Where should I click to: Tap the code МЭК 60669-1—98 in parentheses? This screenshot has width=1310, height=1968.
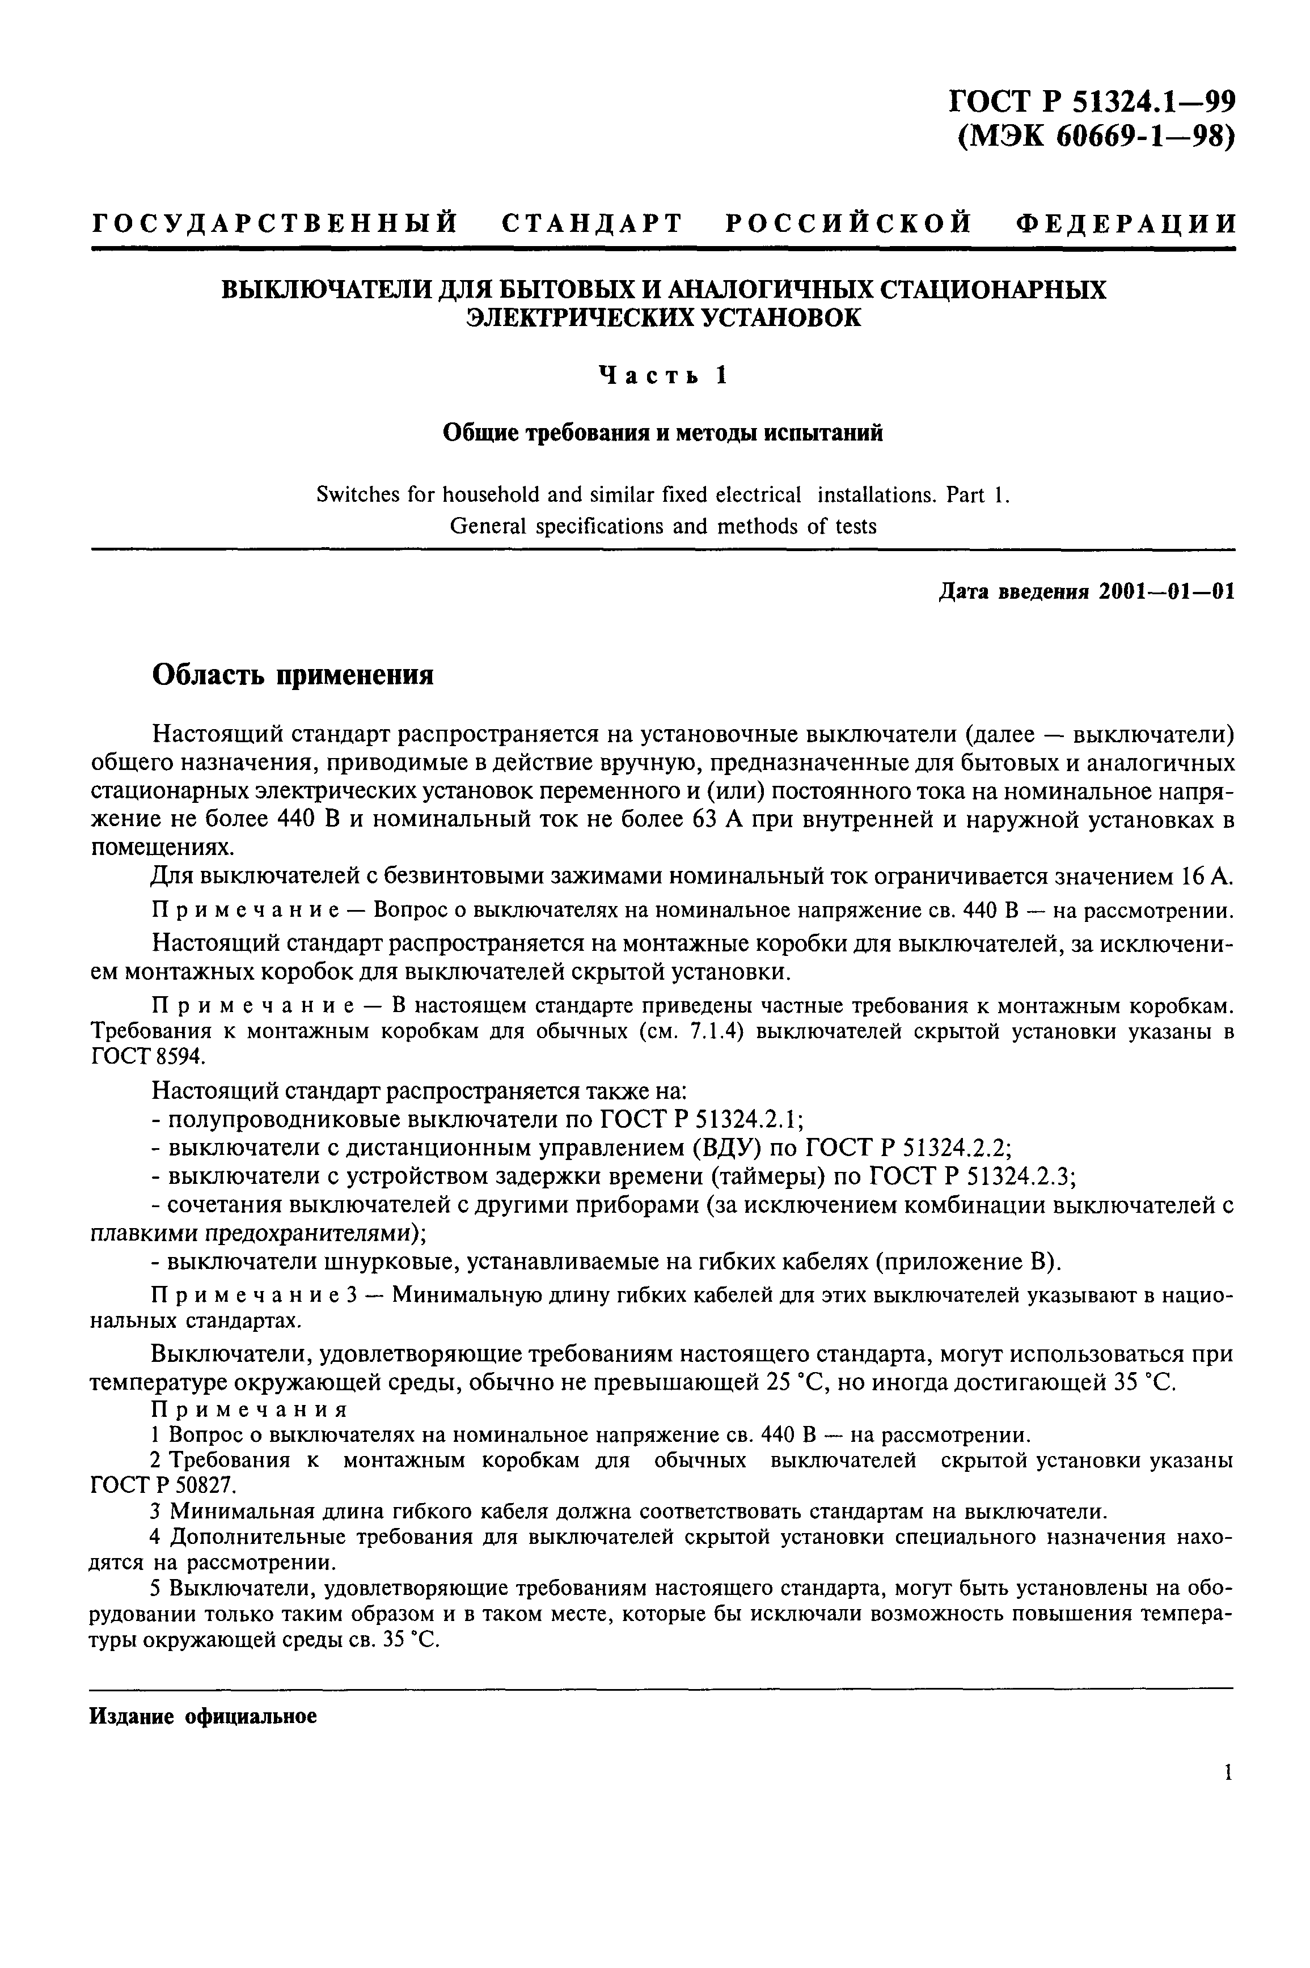(1095, 136)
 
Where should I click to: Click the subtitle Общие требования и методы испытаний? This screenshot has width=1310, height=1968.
(662, 433)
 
